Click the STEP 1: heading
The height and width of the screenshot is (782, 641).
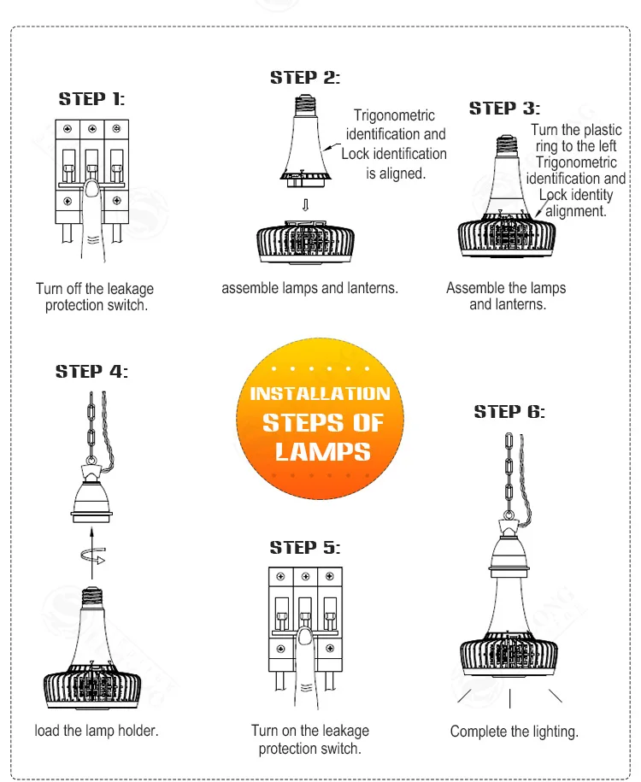[91, 99]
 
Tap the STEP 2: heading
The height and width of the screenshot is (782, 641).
[305, 78]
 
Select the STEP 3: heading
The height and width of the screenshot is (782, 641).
[504, 109]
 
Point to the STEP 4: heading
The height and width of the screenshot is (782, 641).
[91, 372]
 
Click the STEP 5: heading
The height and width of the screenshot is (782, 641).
[305, 547]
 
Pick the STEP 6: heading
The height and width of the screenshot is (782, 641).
[509, 412]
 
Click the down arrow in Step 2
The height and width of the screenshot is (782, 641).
[305, 205]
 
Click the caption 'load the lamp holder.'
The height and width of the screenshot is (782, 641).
[97, 731]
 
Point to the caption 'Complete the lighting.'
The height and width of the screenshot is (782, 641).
[515, 732]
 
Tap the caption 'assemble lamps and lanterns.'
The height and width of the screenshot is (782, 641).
[309, 288]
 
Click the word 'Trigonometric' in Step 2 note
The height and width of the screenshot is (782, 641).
[394, 115]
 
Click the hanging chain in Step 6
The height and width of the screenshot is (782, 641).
[509, 474]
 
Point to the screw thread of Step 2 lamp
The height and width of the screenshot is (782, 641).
[306, 104]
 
